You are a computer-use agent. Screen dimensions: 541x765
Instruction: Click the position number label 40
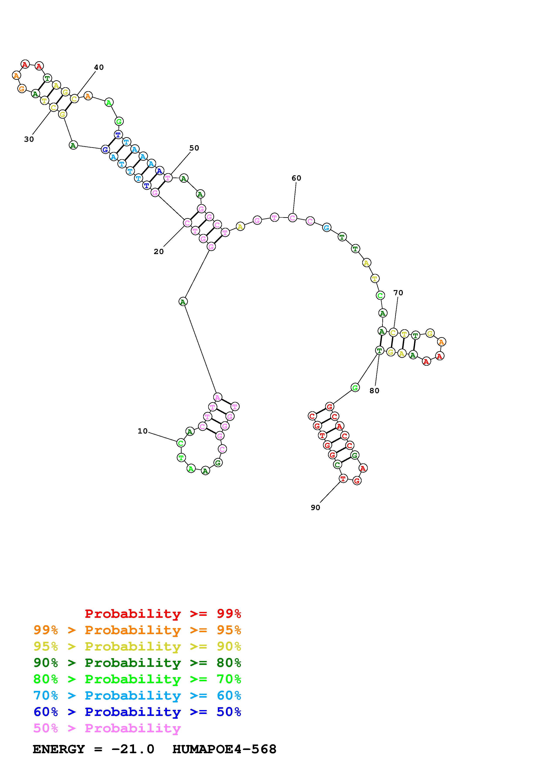click(99, 67)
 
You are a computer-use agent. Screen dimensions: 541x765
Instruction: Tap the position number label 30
click(29, 139)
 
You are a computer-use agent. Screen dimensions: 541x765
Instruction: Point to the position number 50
click(194, 148)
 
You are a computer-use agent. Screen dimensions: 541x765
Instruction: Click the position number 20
click(159, 252)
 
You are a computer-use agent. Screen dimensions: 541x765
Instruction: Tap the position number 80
click(374, 391)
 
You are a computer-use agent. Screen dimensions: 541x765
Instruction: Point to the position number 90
click(315, 507)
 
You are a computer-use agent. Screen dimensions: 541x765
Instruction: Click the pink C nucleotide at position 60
click(292, 218)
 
